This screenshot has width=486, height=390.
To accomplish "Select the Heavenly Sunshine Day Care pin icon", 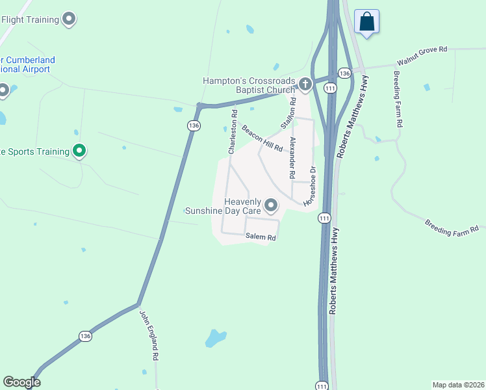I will [271, 206].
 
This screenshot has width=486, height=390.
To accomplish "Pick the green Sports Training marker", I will [79, 151].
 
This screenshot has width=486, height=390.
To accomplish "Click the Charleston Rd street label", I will [231, 135].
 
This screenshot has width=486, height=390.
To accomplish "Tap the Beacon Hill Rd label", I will [262, 138].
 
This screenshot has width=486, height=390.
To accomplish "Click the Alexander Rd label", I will [293, 158].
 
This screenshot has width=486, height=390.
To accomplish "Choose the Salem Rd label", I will [261, 238].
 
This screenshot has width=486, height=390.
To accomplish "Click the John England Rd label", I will [149, 335].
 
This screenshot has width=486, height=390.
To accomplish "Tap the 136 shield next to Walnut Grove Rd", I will [344, 73].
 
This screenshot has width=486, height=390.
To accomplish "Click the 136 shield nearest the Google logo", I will [85, 336].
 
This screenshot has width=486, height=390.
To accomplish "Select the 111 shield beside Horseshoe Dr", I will [324, 219].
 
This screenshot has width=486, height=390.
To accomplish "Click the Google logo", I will [22, 382].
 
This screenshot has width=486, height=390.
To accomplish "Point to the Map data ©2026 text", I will [458, 384].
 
